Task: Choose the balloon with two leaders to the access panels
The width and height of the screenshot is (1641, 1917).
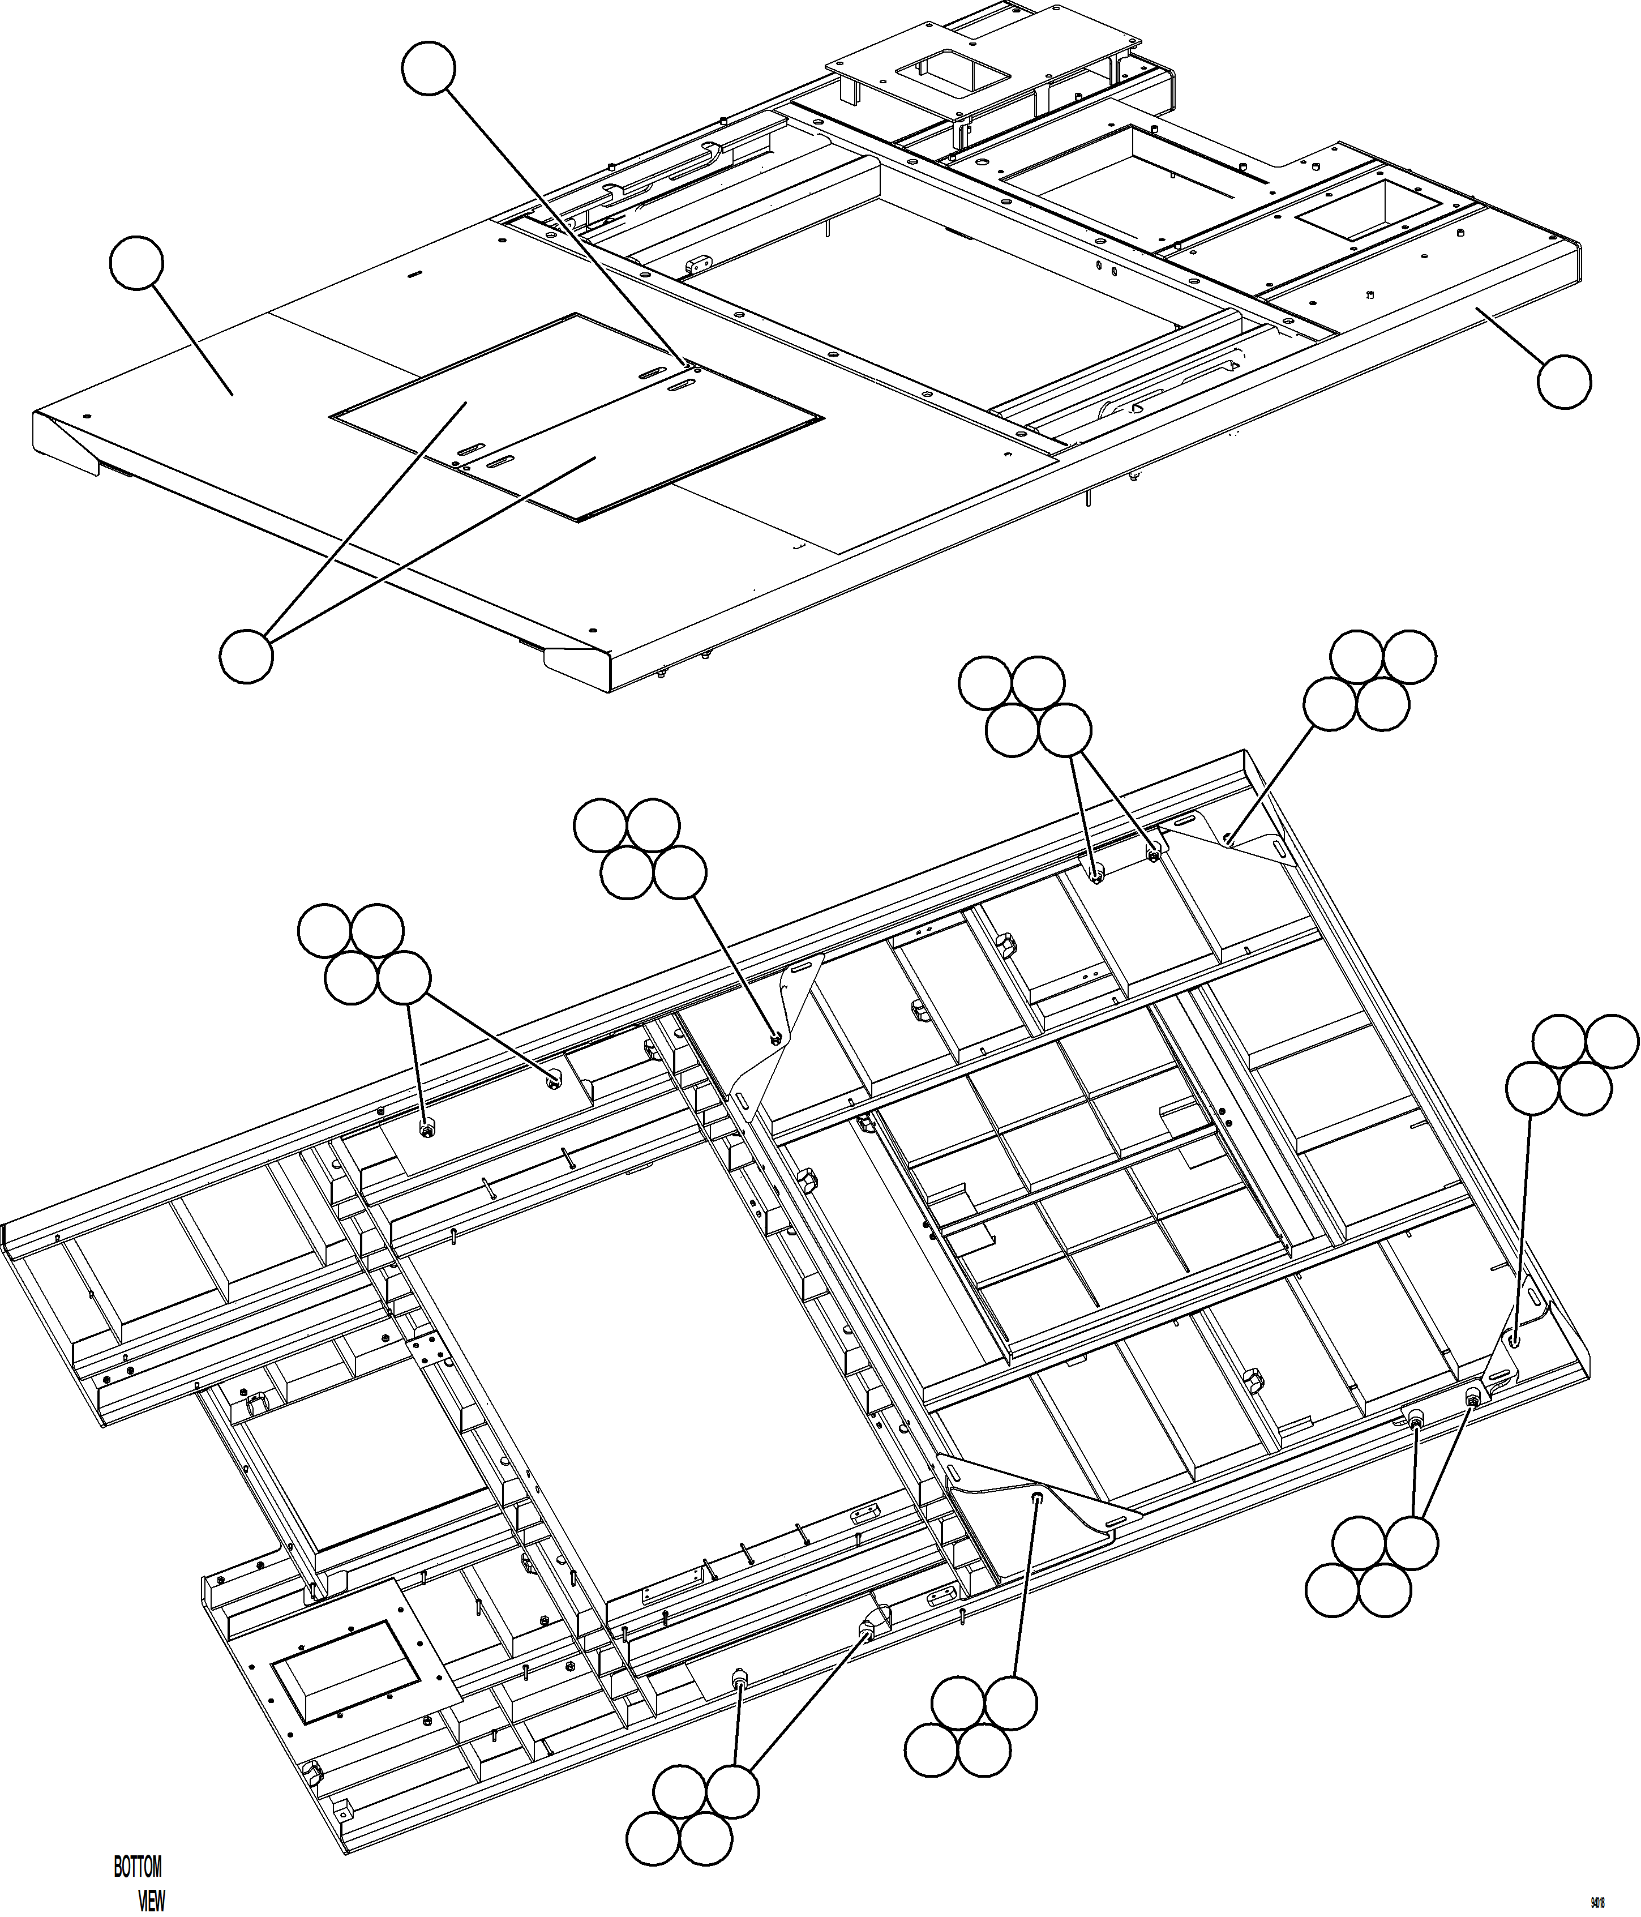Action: click(246, 656)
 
